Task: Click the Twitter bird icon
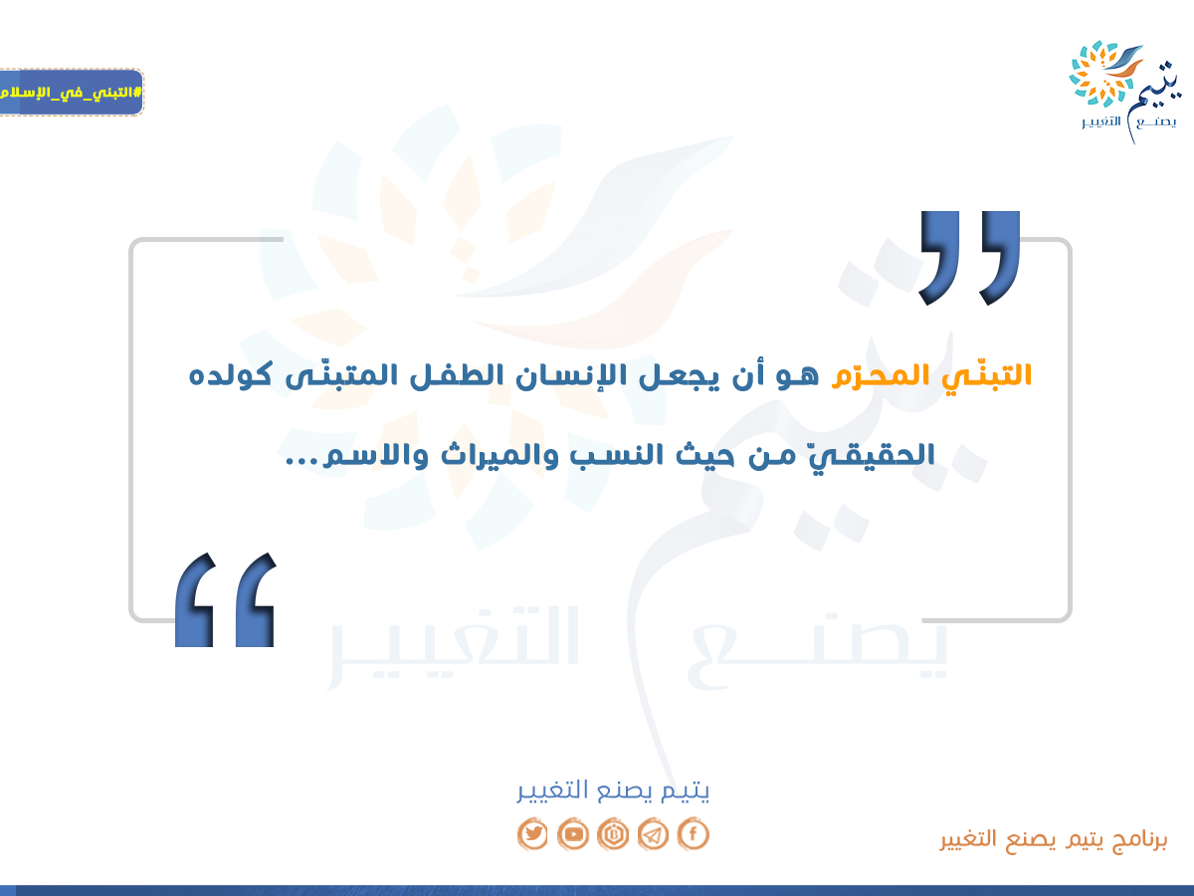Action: click(532, 833)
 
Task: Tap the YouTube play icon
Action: click(573, 833)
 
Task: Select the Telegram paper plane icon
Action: click(653, 833)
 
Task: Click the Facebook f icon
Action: click(693, 833)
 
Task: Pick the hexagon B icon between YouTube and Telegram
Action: click(613, 833)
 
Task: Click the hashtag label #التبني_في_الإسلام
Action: click(71, 92)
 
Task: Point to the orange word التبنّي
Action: click(986, 376)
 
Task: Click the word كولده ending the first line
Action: click(230, 375)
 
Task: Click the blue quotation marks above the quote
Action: click(970, 257)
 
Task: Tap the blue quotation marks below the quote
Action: click(225, 600)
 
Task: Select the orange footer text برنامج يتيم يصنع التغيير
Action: click(1054, 839)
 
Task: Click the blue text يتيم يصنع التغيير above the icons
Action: click(613, 789)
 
